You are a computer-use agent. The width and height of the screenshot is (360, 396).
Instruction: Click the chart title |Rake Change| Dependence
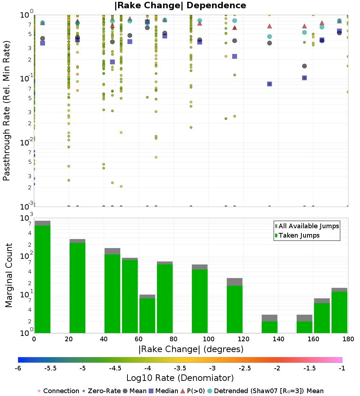[x=180, y=5]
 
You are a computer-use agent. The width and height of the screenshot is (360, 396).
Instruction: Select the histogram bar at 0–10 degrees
[x=42, y=279]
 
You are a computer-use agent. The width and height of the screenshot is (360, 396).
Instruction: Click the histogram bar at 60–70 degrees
[x=147, y=315]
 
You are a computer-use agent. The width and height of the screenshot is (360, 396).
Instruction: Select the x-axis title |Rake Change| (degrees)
[x=191, y=349]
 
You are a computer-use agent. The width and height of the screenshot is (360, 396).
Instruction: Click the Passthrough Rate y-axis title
[x=6, y=111]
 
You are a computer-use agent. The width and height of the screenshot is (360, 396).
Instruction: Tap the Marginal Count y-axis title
[x=9, y=275]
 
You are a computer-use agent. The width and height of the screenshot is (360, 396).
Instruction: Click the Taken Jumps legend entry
[x=297, y=235]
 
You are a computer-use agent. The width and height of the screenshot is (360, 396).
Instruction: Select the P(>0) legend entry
[x=196, y=391]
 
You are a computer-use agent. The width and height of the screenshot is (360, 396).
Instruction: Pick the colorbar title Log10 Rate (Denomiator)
[x=180, y=378]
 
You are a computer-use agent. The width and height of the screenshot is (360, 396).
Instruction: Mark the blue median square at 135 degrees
[x=269, y=84]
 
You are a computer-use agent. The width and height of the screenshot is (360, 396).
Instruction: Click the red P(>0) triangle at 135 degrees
[x=269, y=26]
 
